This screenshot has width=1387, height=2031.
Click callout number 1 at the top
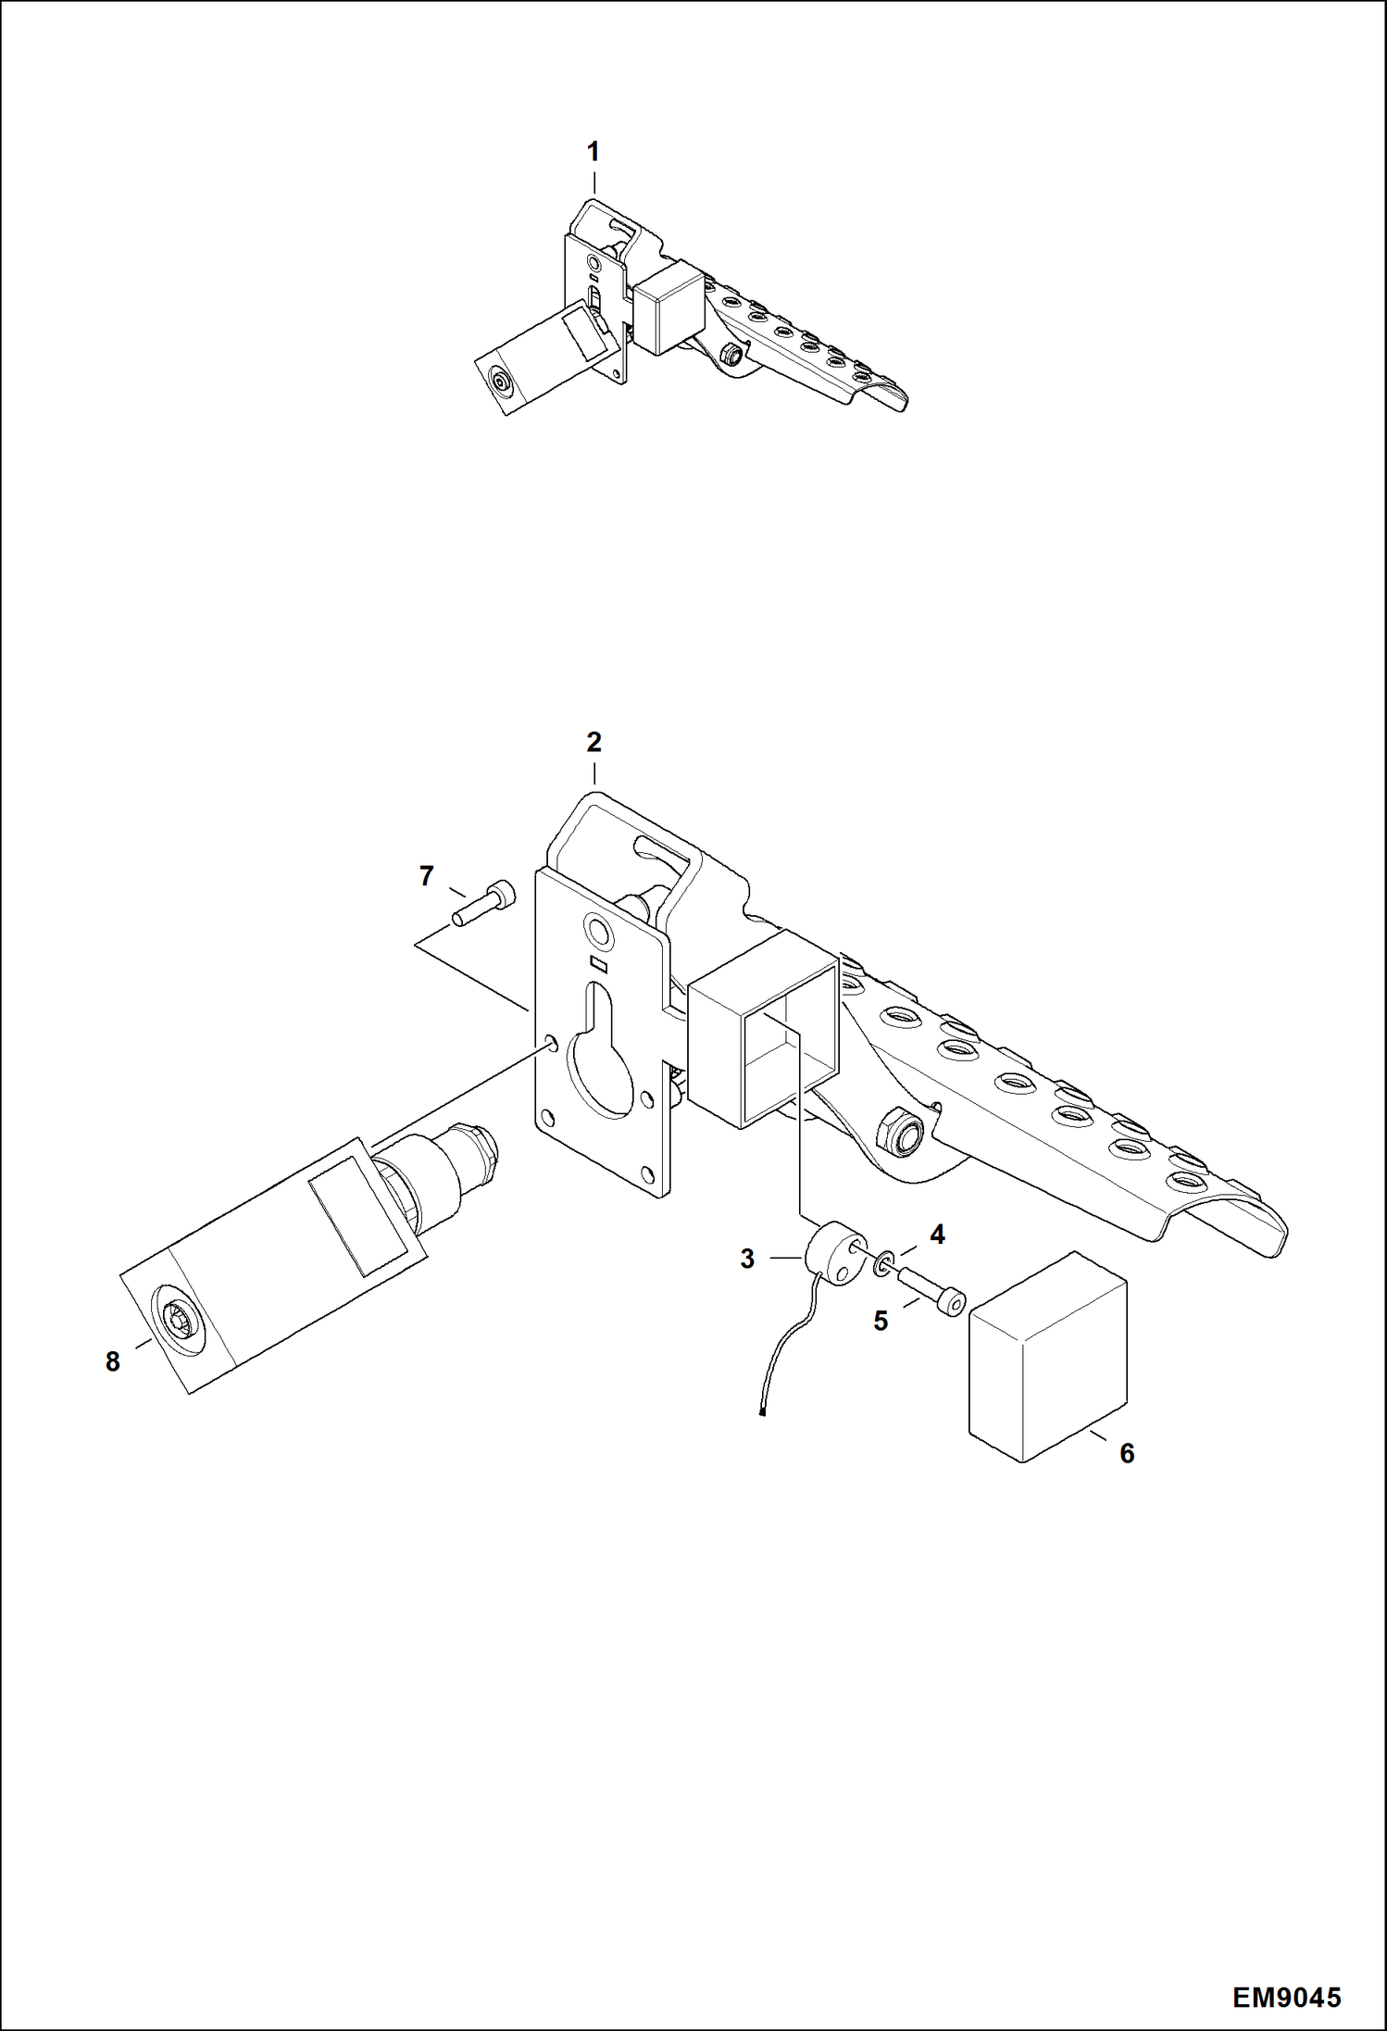(594, 151)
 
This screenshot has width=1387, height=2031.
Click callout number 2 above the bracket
(594, 742)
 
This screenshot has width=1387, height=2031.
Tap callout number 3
(747, 1259)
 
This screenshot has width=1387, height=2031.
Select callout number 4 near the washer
(937, 1234)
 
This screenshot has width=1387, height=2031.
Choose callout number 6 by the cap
(1127, 1453)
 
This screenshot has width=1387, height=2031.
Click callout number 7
(426, 875)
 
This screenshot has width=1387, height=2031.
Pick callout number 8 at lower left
(112, 1361)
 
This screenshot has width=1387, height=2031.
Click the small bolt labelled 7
(487, 900)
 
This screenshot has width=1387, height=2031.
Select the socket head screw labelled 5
(931, 1292)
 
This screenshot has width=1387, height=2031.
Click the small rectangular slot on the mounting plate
(600, 963)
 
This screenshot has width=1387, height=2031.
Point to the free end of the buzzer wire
(760, 1414)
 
